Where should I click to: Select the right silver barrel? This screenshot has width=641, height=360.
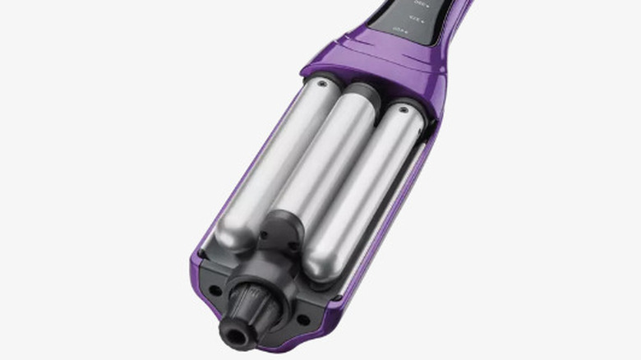[x=370, y=189]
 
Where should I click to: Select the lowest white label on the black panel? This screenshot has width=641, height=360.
[x=399, y=31]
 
